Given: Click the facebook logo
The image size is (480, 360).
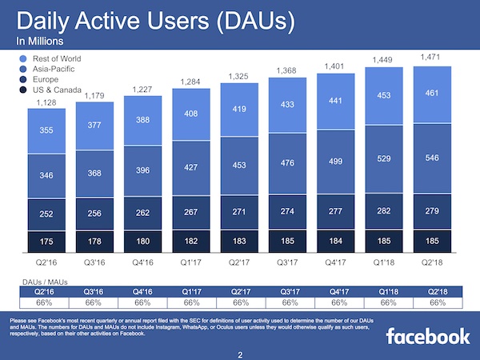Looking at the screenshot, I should click(427, 336).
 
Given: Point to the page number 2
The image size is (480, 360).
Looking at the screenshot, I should click(239, 353).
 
